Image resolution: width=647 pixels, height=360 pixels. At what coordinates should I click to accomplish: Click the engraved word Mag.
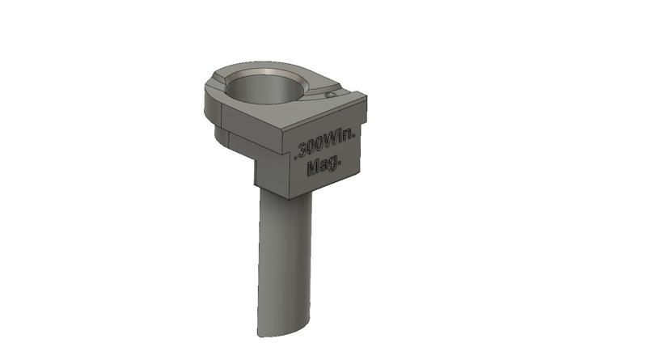click(x=324, y=166)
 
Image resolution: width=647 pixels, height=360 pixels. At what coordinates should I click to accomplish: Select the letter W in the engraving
click(x=332, y=144)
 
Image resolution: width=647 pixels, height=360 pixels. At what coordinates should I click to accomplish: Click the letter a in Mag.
click(x=323, y=167)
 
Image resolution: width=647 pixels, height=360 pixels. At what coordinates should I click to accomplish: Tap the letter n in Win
click(x=348, y=141)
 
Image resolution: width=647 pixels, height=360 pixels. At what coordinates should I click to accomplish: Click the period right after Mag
click(x=340, y=162)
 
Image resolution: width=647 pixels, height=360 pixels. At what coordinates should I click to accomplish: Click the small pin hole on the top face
click(x=331, y=95)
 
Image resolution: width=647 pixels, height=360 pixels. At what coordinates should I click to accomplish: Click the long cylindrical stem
click(x=283, y=259)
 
